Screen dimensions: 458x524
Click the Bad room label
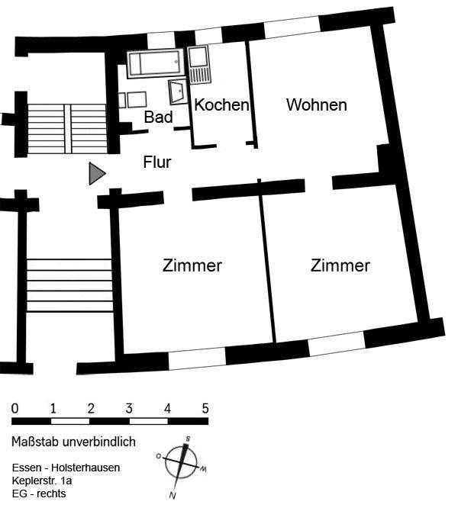coord(159,117)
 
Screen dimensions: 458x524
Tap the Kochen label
coord(221,105)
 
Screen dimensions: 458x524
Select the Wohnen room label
coord(316,105)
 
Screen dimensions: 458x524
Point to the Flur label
coord(157,162)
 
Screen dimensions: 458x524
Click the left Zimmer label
coord(192,265)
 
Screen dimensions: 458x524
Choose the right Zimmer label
coord(340,265)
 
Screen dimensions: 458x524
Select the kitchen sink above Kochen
coord(199,64)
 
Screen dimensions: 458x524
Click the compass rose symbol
coord(182,467)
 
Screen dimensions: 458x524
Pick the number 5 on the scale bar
coord(205,407)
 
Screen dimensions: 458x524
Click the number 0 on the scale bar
coord(15,407)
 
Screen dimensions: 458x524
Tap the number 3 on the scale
coord(129,407)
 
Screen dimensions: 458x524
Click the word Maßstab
coord(37,442)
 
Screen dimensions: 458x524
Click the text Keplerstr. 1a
coord(42,481)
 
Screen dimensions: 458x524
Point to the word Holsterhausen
coord(85,468)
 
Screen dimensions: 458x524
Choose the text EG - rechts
coord(38,493)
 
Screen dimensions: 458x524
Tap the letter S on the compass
coord(187,439)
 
